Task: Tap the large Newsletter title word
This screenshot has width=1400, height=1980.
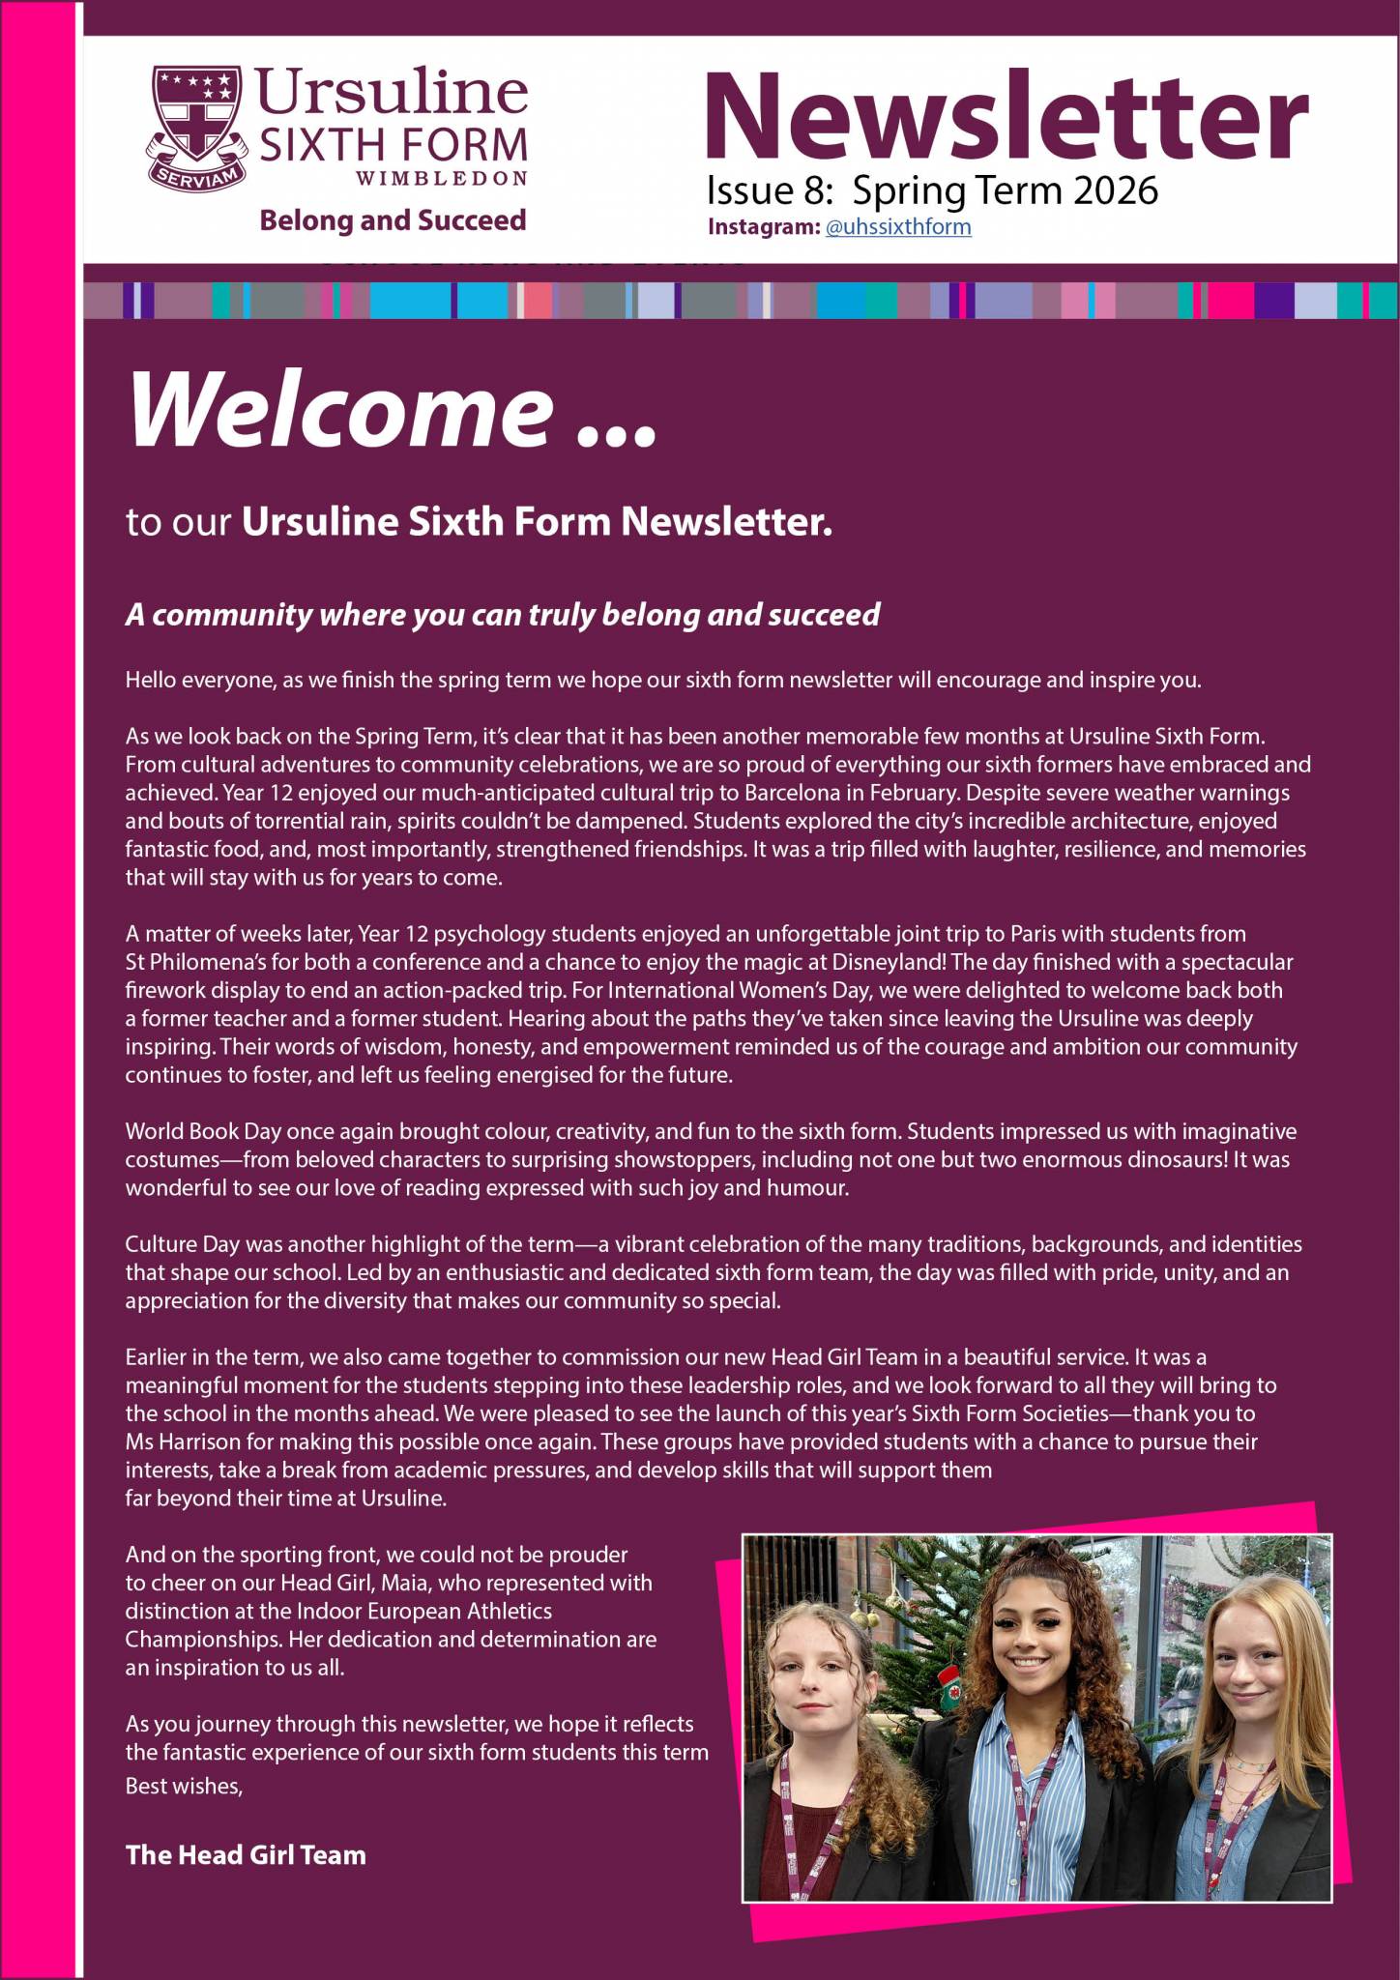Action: click(1006, 116)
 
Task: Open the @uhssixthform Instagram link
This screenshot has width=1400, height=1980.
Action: click(898, 227)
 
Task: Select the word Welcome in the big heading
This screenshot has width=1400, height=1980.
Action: click(338, 410)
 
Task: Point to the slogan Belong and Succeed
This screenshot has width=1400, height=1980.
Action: click(393, 220)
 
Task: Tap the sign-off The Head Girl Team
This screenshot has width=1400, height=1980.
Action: click(246, 1854)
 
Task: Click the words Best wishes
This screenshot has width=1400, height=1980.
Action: click(184, 1786)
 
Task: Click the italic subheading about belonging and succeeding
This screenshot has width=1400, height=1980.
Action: click(503, 615)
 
